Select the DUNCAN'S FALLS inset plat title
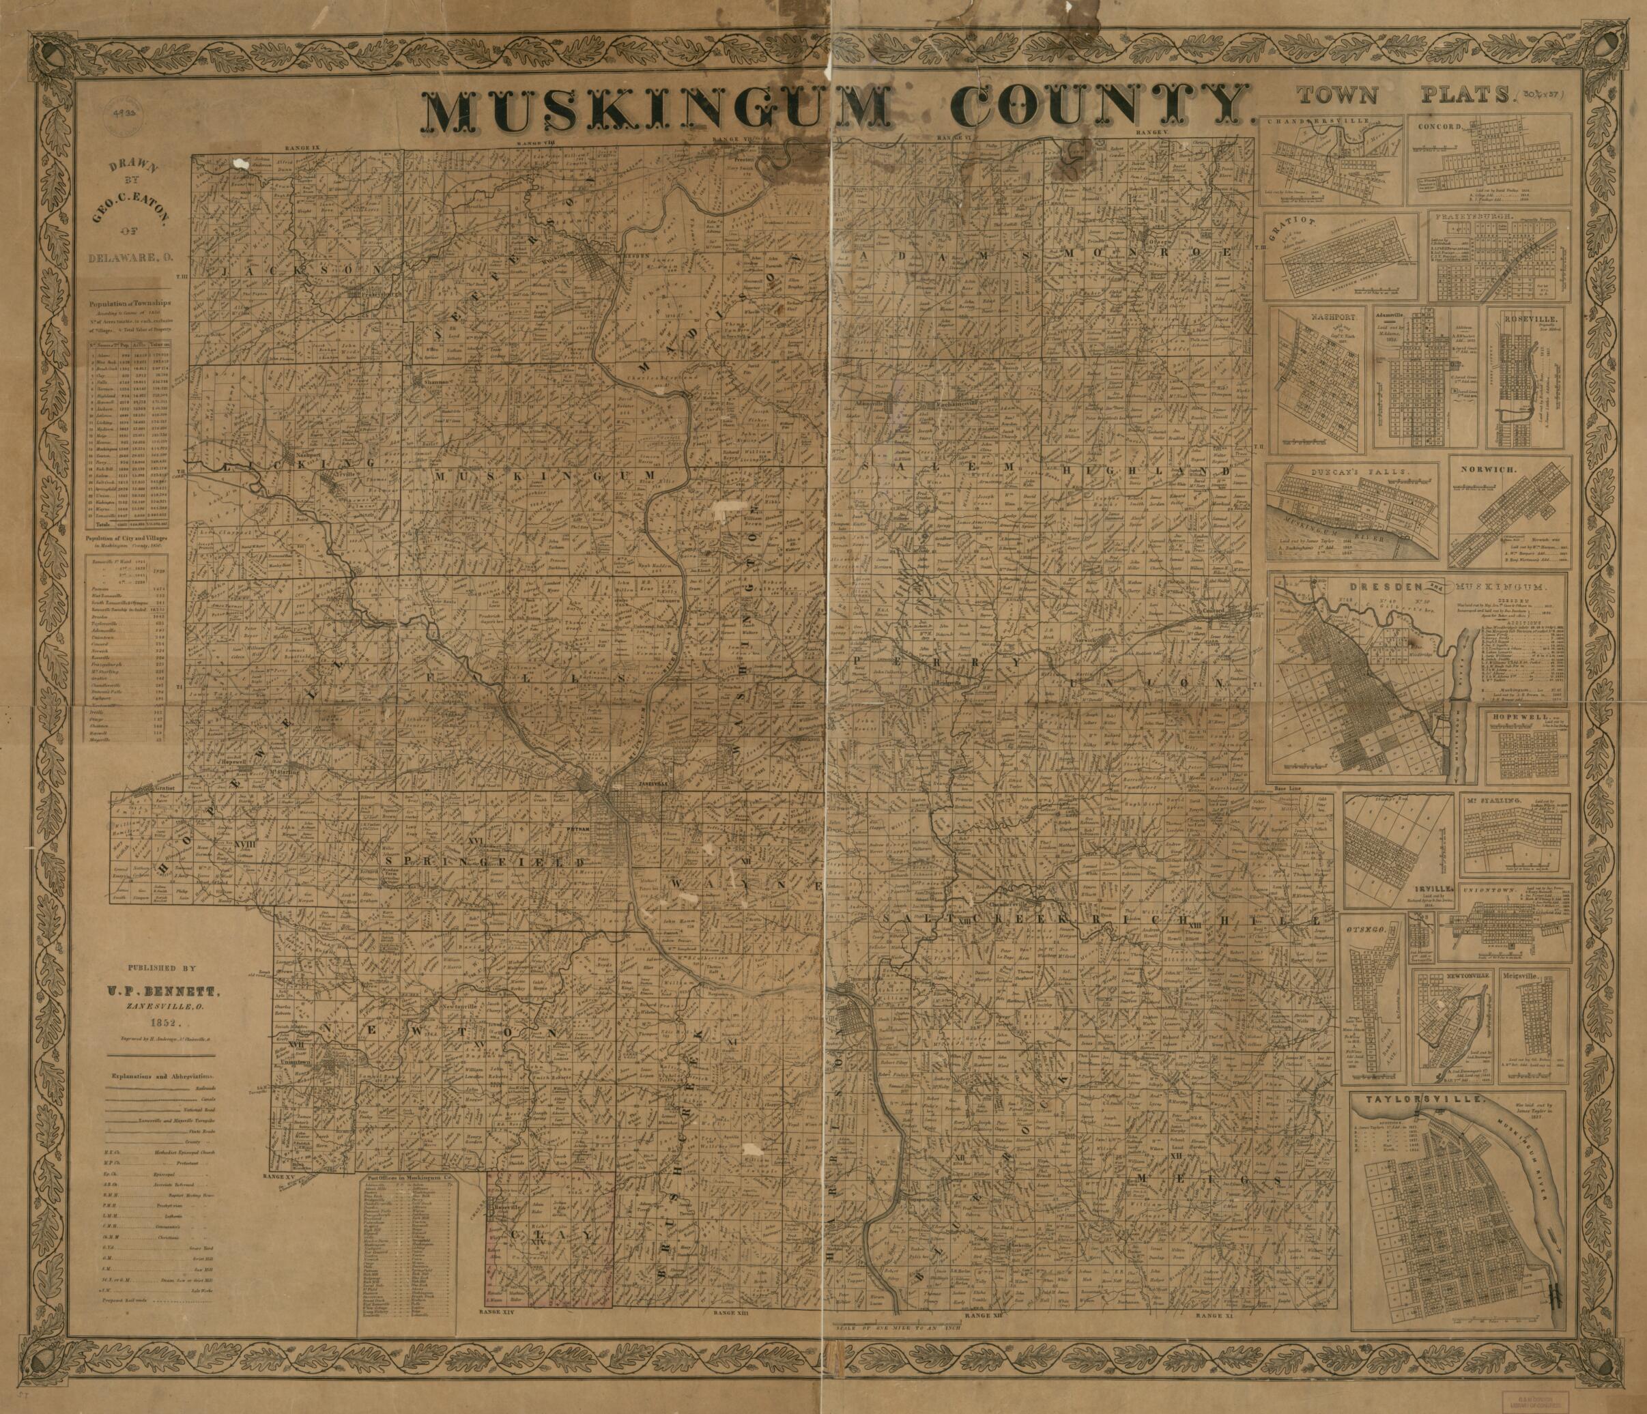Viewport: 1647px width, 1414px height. pyautogui.click(x=1342, y=472)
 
